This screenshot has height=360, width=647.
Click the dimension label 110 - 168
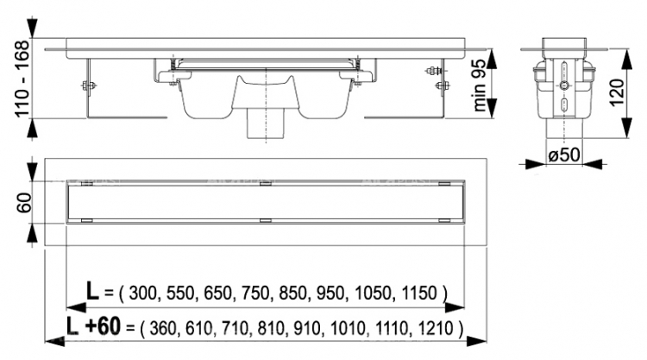(x=22, y=79)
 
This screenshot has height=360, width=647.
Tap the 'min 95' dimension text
(x=480, y=85)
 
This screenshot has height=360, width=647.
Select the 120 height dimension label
(x=617, y=92)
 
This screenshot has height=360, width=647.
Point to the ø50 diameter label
(x=564, y=155)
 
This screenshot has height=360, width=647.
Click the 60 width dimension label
(x=24, y=202)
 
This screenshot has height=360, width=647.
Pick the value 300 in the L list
(x=143, y=294)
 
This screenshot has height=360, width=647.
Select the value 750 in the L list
(x=256, y=294)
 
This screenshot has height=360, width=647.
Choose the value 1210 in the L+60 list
(x=436, y=329)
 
